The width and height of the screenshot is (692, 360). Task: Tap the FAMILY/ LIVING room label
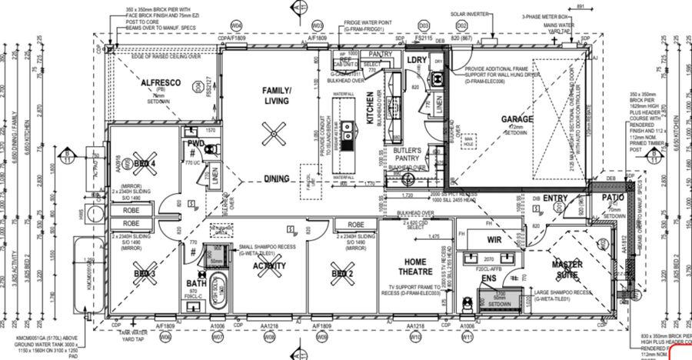click(276, 95)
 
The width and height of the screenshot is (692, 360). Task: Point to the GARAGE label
click(517, 119)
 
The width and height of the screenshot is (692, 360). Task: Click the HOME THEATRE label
click(416, 265)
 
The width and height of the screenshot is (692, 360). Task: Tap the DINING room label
click(276, 178)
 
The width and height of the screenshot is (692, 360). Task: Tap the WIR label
click(494, 240)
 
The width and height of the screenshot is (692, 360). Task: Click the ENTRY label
click(555, 198)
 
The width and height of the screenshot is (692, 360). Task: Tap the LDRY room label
click(418, 59)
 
